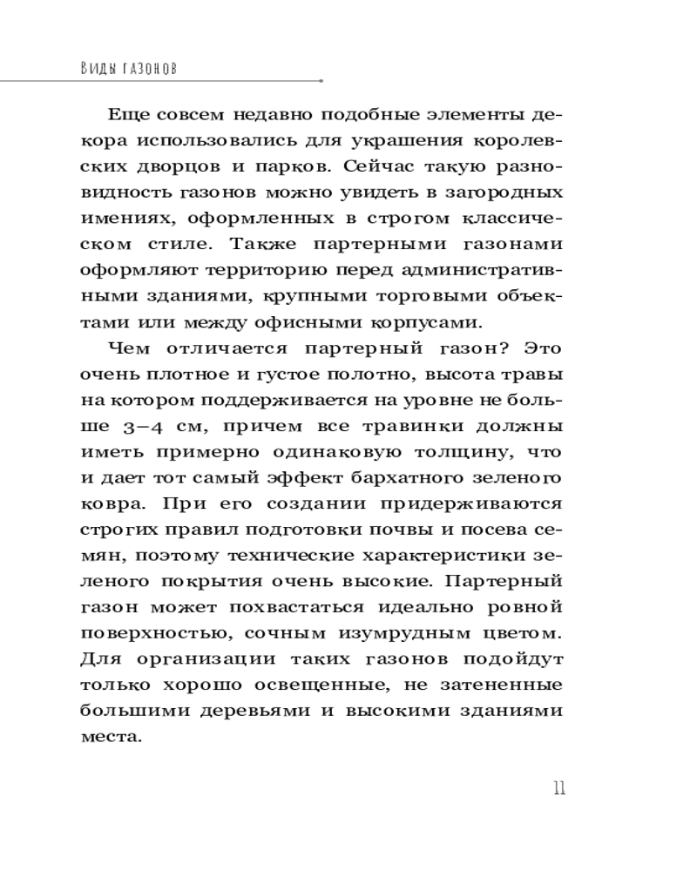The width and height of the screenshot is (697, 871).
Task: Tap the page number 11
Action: click(558, 789)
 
